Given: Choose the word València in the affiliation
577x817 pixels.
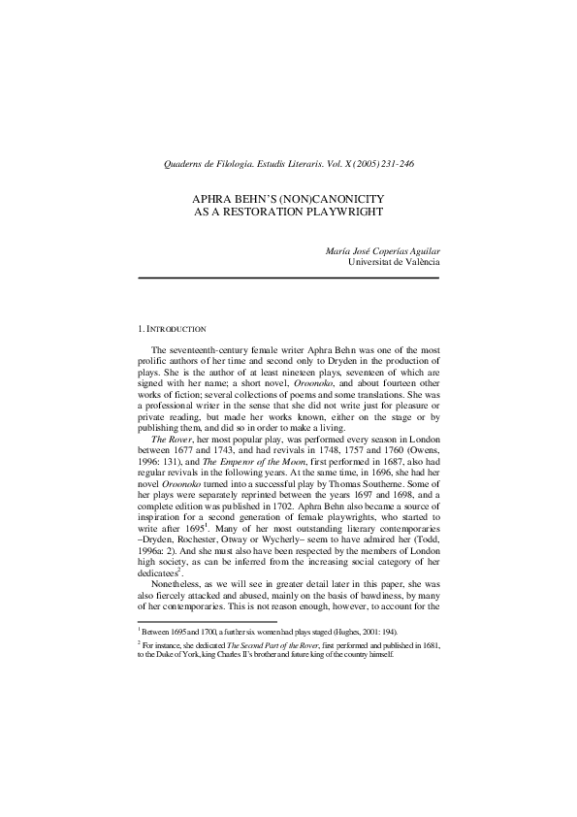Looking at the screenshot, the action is click(x=417, y=262).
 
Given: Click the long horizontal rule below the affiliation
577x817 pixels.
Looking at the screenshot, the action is click(x=288, y=278).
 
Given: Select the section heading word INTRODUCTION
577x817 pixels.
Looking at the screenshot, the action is click(x=176, y=330).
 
